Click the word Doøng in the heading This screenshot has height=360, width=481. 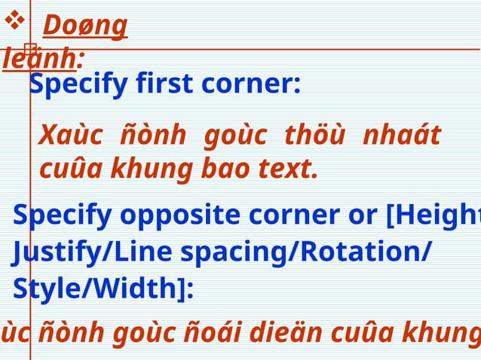[x=84, y=26]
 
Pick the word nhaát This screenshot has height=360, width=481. [x=401, y=137]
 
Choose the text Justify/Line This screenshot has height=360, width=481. [x=72, y=254]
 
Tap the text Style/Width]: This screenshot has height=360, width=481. [x=103, y=289]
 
